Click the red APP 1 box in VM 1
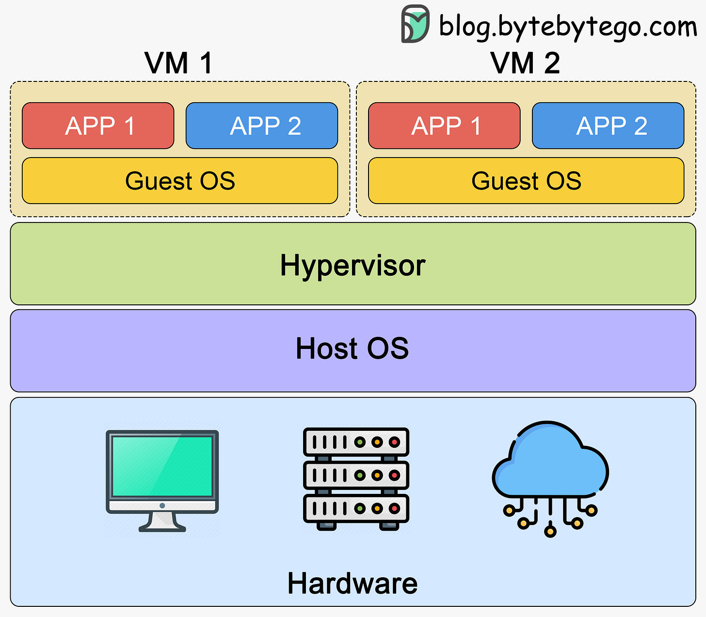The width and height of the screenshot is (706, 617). (x=98, y=126)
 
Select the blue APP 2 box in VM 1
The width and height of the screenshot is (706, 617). (x=262, y=126)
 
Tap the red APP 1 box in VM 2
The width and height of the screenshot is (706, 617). (x=444, y=126)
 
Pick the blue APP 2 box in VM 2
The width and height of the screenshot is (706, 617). (x=608, y=126)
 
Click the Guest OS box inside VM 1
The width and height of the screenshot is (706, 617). (x=180, y=181)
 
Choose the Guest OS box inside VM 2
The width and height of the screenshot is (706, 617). (x=526, y=181)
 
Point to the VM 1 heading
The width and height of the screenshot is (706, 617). (x=178, y=63)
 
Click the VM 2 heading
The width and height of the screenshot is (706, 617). (x=525, y=63)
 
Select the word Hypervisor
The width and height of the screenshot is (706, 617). (x=353, y=266)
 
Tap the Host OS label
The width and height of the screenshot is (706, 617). (x=353, y=348)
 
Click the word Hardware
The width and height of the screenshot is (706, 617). (x=353, y=583)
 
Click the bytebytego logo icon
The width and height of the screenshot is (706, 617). (x=415, y=24)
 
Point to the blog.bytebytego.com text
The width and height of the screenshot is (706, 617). (x=568, y=26)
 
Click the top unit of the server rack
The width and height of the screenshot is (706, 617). (x=356, y=442)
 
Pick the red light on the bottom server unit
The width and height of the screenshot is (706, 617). (x=394, y=508)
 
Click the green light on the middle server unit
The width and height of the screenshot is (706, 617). (x=360, y=475)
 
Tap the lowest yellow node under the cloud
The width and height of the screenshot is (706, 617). (x=550, y=531)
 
